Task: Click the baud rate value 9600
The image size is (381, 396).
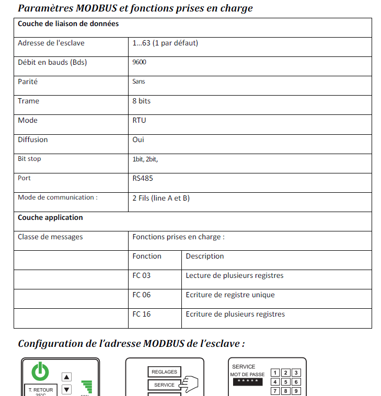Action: click(140, 62)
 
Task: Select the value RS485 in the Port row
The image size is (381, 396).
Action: click(143, 178)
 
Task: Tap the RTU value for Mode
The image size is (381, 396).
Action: click(139, 120)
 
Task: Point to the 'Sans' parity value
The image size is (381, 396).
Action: click(139, 81)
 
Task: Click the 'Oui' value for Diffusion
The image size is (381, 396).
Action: click(138, 139)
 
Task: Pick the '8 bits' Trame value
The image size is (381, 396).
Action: click(142, 101)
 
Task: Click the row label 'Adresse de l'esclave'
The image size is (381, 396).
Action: click(51, 43)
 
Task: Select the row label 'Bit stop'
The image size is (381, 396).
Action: click(29, 159)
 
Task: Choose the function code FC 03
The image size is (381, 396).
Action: click(142, 275)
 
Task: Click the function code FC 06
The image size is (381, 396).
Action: click(142, 295)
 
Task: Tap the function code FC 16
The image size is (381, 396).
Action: click(142, 314)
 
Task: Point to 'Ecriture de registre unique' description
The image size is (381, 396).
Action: click(230, 295)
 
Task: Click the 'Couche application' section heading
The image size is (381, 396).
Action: click(50, 217)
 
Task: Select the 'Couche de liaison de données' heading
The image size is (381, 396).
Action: click(68, 24)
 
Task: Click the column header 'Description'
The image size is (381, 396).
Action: click(205, 256)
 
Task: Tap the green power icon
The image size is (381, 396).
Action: click(41, 371)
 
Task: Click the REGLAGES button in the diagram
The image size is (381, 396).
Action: click(164, 372)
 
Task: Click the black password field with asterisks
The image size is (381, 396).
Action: click(246, 382)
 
